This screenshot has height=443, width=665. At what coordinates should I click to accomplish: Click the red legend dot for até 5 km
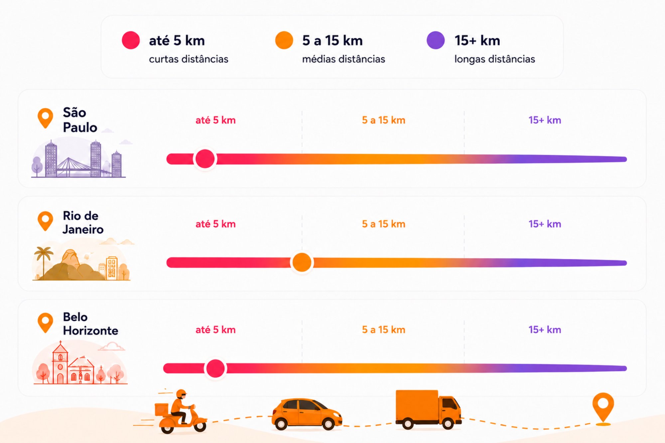131,40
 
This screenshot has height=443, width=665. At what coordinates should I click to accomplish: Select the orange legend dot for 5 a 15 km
284,40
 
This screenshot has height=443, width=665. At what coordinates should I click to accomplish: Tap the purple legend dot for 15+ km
436,40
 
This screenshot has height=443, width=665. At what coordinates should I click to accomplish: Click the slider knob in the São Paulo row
205,159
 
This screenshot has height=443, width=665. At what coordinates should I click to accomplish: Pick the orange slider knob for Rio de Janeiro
302,262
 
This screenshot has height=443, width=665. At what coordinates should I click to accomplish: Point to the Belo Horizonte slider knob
215,368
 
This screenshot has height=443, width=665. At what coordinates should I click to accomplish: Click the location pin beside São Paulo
45,118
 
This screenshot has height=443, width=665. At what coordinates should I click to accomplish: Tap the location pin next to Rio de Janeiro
45,221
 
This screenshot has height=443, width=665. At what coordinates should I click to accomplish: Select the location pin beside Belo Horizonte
45,322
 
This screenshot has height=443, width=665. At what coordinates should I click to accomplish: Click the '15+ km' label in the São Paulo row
545,120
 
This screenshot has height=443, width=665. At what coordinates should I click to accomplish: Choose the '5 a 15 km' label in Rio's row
383,224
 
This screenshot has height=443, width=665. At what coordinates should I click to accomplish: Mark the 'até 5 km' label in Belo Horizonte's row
215,329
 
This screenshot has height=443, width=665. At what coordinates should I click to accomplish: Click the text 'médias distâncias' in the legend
343,59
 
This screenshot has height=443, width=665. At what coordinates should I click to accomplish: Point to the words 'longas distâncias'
495,59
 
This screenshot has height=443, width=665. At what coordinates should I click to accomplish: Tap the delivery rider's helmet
181,394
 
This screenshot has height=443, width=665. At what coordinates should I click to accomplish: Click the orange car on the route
307,414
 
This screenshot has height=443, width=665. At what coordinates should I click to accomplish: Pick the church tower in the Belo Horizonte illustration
60,362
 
